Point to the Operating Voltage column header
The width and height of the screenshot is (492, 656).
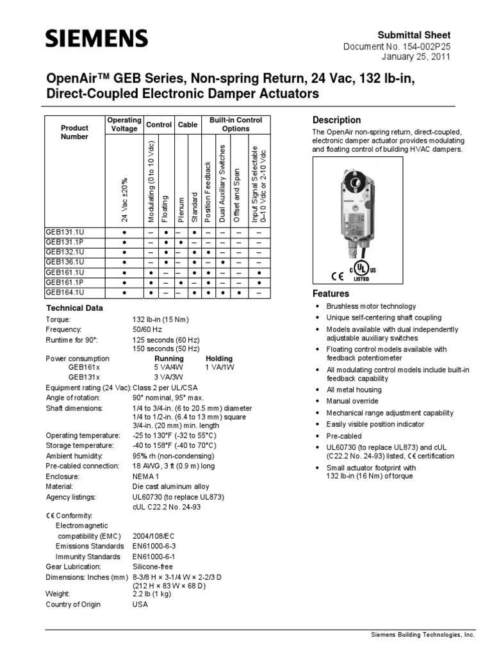pos(124,124)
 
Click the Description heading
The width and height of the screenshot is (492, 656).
pos(336,120)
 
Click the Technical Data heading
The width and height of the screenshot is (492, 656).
pos(74,308)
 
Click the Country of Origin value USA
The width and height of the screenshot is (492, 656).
pos(140,604)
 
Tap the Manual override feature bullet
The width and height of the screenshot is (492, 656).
pos(354,401)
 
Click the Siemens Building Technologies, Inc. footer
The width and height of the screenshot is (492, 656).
pos(423,634)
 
